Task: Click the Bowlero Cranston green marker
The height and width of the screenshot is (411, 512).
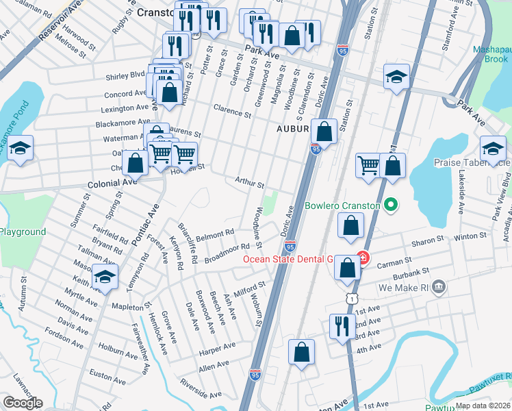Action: point(391,205)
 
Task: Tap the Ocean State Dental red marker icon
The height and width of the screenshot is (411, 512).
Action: point(363,259)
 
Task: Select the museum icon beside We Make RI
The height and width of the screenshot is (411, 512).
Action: point(440,285)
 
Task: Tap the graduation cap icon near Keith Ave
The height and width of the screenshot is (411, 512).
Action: point(105,277)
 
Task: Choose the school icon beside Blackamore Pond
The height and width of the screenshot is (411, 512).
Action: point(21,148)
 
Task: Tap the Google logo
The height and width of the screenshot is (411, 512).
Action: point(22,402)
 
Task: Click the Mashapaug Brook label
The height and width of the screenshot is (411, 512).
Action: point(491,55)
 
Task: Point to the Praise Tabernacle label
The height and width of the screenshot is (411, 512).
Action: point(472,162)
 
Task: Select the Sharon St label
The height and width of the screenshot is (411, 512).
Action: point(428,242)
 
